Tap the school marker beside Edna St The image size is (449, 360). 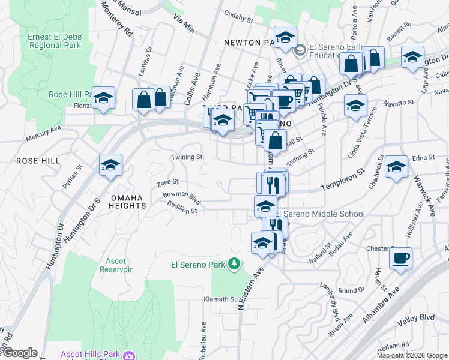pyautogui.click(x=396, y=167)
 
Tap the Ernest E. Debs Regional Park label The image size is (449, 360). pyautogui.click(x=54, y=41)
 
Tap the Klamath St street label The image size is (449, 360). pyautogui.click(x=220, y=299)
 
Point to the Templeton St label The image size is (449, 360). pyautogui.click(x=343, y=179)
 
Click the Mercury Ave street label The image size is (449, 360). pyautogui.click(x=43, y=133)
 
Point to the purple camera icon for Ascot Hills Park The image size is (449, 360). pyautogui.click(x=128, y=356)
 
